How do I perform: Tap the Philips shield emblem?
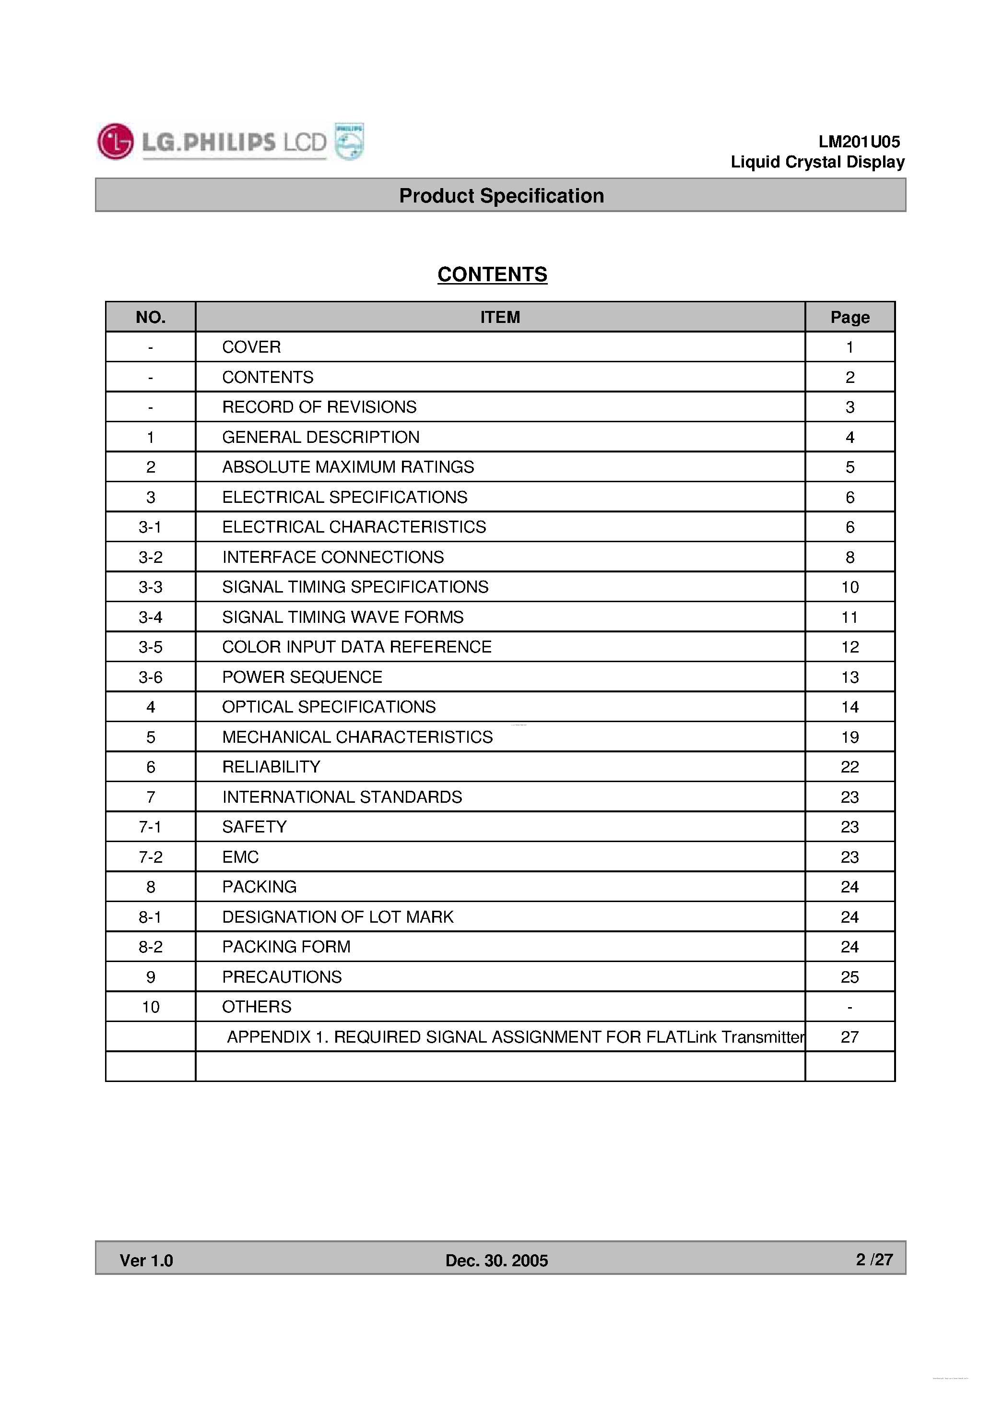pos(350,141)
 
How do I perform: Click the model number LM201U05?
pos(859,142)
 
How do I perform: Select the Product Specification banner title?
pos(501,196)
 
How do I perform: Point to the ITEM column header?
pos(500,317)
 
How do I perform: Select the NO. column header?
pos(150,317)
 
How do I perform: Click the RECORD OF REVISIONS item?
pos(319,407)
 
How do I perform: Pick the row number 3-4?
pos(150,617)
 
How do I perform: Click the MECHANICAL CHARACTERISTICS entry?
pos(357,737)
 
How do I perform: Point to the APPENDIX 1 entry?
pos(515,1037)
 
